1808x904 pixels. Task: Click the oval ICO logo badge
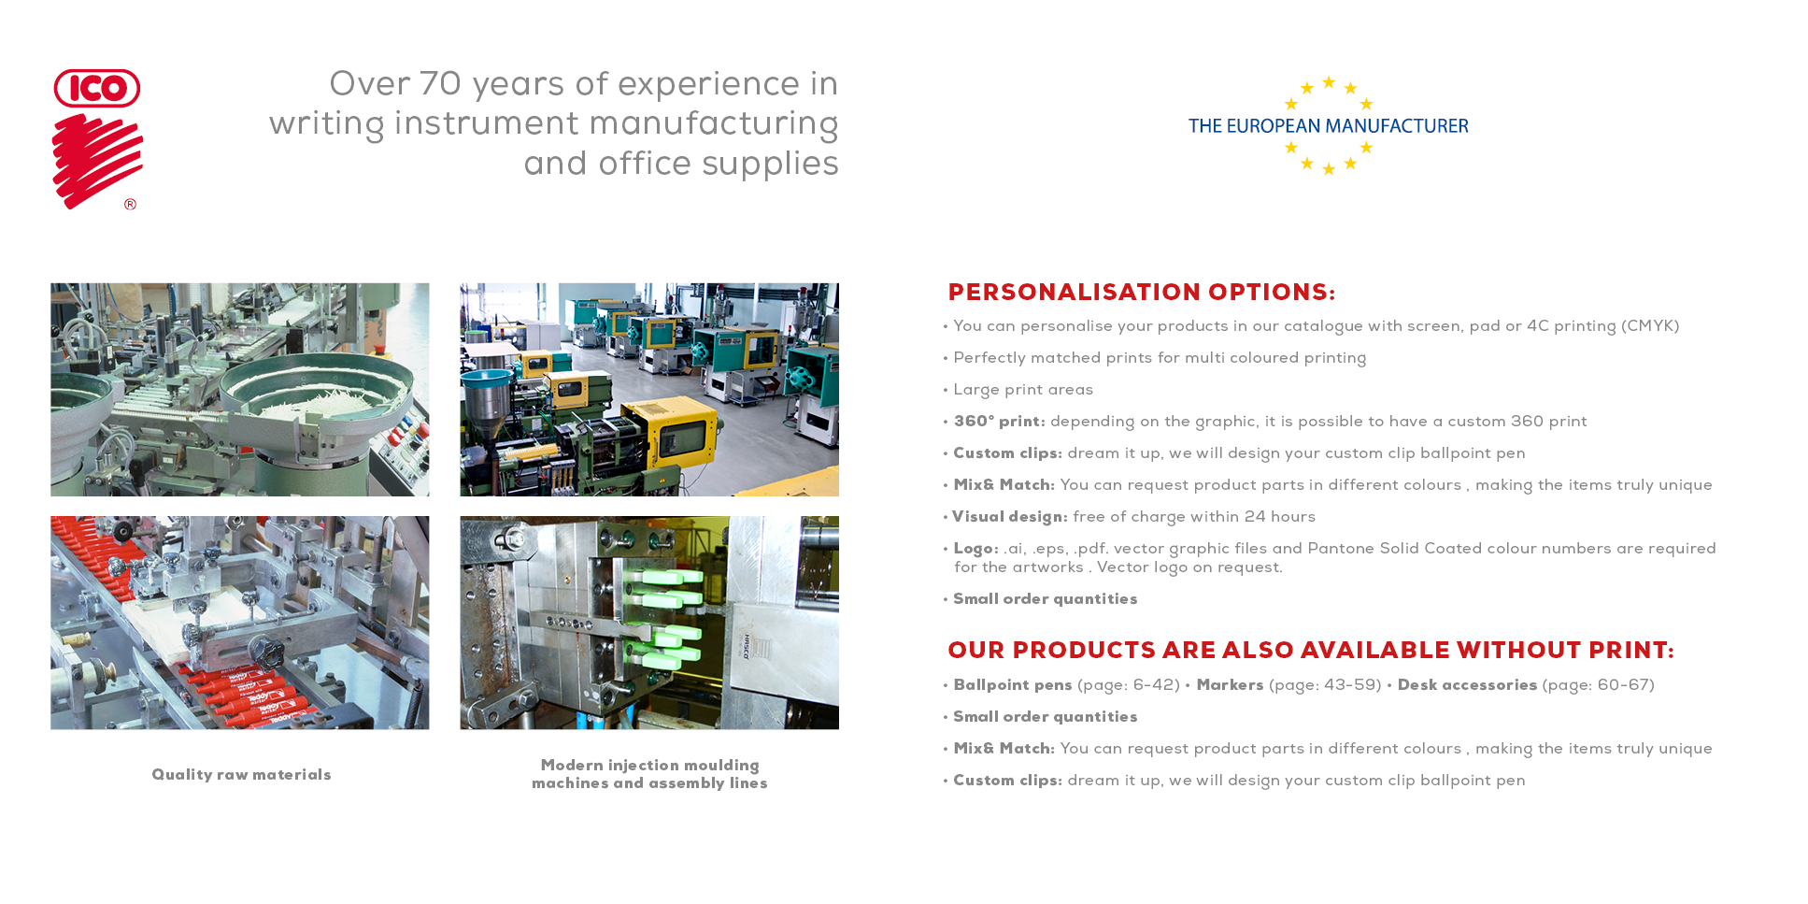point(97,88)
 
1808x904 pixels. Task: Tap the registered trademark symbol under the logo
point(130,204)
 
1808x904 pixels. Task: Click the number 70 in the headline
point(440,84)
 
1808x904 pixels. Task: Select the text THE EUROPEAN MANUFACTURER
point(1328,126)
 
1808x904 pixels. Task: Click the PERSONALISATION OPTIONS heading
point(1142,293)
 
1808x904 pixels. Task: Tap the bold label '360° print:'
point(999,422)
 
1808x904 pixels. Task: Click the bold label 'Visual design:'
point(1009,517)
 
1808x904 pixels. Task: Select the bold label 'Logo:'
point(975,549)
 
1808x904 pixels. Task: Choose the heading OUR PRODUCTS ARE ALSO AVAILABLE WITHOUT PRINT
point(1311,651)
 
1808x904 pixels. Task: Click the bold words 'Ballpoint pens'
point(1013,685)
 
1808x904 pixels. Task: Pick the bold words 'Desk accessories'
point(1467,685)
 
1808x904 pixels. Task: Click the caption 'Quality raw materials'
point(241,775)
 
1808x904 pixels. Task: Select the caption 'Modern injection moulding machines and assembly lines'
point(649,774)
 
